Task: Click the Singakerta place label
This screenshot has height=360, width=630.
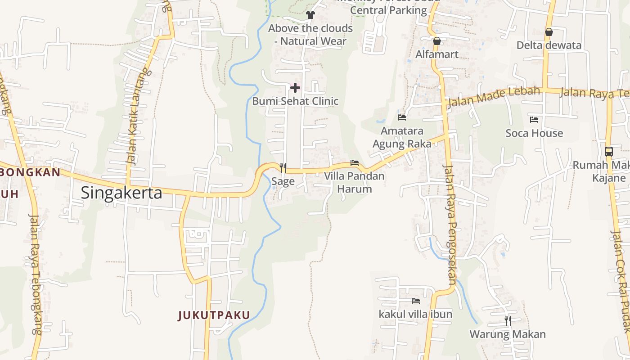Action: point(121,193)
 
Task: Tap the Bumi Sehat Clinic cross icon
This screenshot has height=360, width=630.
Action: point(295,87)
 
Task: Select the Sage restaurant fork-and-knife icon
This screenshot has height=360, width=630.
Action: point(283,167)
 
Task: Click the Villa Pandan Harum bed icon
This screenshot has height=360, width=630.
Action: point(355,162)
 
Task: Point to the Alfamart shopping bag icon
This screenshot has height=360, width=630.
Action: point(436,41)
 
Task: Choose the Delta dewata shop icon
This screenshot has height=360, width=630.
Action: point(549,32)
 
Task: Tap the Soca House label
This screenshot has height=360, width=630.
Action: point(534,133)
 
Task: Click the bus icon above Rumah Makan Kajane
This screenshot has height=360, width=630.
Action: point(609,152)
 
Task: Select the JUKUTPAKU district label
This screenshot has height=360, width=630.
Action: point(214,315)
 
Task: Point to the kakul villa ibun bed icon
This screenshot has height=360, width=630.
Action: point(415,301)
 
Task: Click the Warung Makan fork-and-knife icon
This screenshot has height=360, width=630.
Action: point(508,320)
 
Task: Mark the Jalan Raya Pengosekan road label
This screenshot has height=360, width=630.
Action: point(450,225)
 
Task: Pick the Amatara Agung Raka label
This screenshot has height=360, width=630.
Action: point(402,137)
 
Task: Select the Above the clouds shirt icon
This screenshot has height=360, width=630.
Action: point(310,14)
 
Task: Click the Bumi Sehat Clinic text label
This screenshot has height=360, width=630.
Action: point(295,101)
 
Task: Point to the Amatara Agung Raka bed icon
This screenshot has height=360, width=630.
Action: point(402,117)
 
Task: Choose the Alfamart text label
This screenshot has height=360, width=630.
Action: point(436,54)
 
